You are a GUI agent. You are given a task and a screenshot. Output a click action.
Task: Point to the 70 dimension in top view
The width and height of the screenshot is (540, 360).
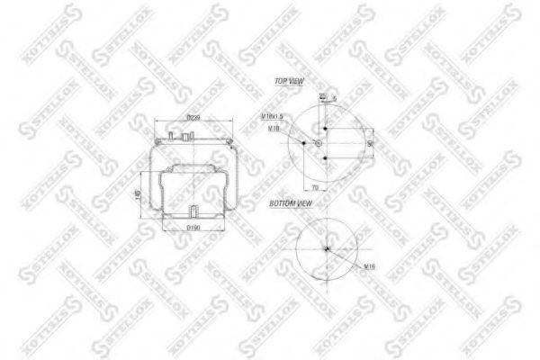(314, 187)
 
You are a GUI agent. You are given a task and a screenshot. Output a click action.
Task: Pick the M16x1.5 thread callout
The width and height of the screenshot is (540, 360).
(274, 116)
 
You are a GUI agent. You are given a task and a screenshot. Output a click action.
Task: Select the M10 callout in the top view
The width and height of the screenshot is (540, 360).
(274, 129)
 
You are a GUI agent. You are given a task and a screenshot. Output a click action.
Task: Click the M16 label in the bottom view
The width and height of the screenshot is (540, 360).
(368, 266)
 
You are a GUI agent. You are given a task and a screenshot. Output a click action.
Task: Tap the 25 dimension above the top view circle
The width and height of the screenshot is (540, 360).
(321, 95)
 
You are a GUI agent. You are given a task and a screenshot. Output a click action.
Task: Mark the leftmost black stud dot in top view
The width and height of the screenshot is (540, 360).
(304, 142)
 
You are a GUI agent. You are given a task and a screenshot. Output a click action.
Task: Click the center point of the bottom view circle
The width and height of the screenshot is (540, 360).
(328, 249)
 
